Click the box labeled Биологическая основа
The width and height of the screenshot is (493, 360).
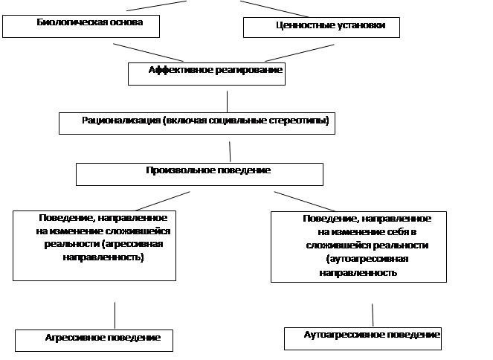click(x=81, y=27)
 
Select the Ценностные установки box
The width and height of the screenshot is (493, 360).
click(x=321, y=28)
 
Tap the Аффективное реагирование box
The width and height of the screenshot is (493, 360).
click(x=207, y=74)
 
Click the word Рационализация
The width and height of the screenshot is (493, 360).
click(x=121, y=120)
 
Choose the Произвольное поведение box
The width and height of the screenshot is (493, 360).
click(x=199, y=174)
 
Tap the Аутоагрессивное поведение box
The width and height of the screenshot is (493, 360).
click(x=363, y=338)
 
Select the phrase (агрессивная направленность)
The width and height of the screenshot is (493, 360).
click(x=103, y=251)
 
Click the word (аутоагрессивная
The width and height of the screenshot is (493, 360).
click(x=367, y=259)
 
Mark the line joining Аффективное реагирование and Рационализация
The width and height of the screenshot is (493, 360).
click(x=227, y=102)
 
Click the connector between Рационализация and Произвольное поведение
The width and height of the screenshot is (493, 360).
click(x=230, y=152)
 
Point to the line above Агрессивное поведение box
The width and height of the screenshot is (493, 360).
click(x=115, y=315)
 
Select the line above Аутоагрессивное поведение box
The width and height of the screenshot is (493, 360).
click(x=373, y=315)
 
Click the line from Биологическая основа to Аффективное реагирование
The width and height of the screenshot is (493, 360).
click(x=148, y=53)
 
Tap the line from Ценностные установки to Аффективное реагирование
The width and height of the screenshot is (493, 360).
click(x=300, y=53)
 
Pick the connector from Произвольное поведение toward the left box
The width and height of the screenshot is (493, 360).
click(x=163, y=201)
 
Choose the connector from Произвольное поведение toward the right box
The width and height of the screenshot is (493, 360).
click(x=305, y=202)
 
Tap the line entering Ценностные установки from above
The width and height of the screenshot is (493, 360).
click(x=274, y=9)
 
